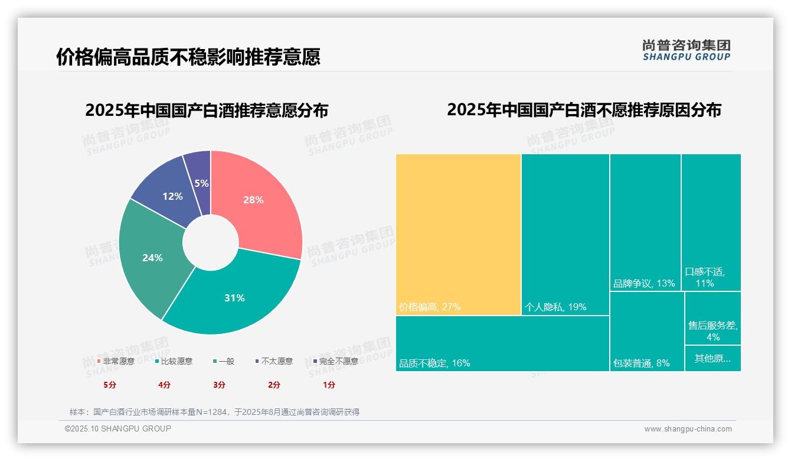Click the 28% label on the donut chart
click(253, 200)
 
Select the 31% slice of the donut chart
click(234, 298)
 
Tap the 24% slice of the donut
click(152, 258)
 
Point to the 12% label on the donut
click(172, 196)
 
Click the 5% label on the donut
click(201, 183)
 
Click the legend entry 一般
click(226, 361)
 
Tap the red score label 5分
click(110, 385)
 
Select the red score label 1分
click(329, 385)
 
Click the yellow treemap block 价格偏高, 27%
click(458, 234)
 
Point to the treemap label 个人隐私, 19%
click(555, 307)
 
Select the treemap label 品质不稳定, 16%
click(434, 363)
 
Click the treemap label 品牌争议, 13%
click(644, 283)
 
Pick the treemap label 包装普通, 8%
click(642, 363)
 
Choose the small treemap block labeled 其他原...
click(712, 358)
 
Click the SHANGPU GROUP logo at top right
click(687, 50)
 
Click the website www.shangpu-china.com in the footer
click(688, 429)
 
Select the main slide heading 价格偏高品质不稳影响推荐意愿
click(188, 57)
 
